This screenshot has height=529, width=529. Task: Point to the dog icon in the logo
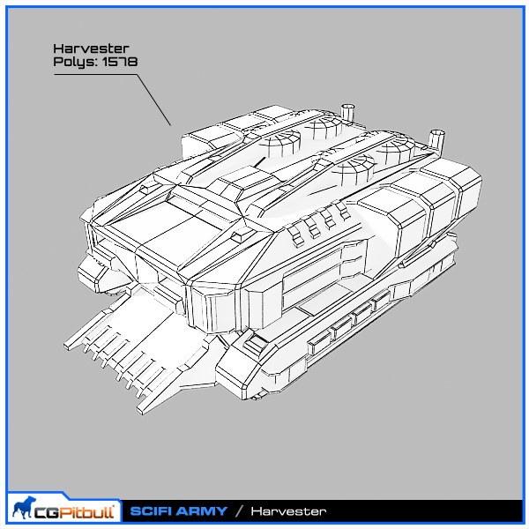click(24, 509)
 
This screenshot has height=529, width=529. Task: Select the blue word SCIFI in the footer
click(152, 511)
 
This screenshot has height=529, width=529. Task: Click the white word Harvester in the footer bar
click(288, 511)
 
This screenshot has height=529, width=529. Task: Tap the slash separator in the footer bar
click(239, 511)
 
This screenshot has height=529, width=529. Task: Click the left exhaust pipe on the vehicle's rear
click(349, 112)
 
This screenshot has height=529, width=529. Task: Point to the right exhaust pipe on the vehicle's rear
click(435, 138)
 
